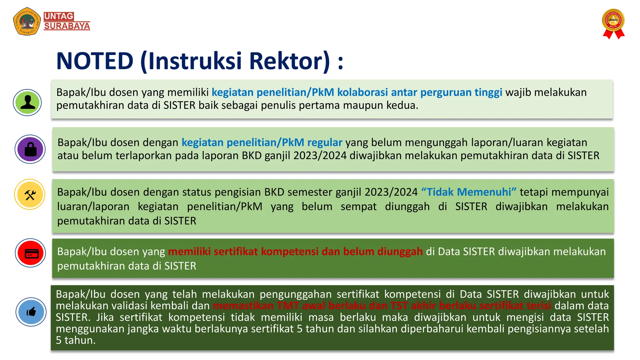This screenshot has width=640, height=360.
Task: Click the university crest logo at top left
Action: point(27,21)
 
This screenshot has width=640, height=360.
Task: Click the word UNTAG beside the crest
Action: point(59,16)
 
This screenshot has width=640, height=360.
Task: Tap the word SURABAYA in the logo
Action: point(67,26)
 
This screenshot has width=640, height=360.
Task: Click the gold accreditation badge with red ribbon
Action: point(613,23)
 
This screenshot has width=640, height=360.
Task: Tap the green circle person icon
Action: point(27,102)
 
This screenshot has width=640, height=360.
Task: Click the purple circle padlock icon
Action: point(30,149)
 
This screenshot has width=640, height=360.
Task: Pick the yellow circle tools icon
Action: point(30,195)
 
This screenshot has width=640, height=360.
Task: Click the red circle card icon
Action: point(31,253)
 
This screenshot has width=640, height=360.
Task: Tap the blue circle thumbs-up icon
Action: point(31,312)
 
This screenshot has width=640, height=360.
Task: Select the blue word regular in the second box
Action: point(325,142)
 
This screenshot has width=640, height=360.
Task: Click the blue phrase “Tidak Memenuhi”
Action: point(469,192)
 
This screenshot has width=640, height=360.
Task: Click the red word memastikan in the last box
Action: point(243,306)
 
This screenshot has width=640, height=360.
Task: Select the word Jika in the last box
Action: point(105,317)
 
